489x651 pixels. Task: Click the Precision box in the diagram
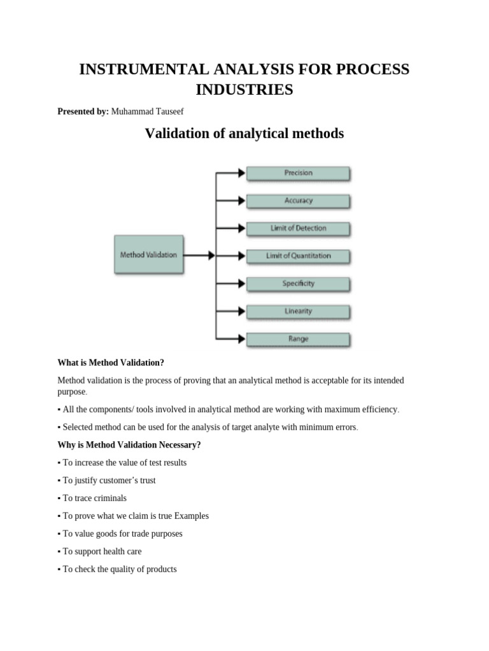(x=298, y=173)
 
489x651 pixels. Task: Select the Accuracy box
(x=298, y=201)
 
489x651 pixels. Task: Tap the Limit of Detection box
(x=298, y=228)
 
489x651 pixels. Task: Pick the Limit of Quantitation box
(x=298, y=256)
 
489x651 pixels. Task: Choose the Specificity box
(x=298, y=284)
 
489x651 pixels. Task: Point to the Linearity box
(x=298, y=312)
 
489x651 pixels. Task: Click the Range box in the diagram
(x=298, y=339)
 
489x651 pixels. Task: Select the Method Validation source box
(x=148, y=255)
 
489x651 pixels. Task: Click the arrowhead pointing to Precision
(x=241, y=173)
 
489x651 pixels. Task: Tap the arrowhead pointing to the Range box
(x=241, y=339)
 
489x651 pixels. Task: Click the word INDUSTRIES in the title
(x=244, y=90)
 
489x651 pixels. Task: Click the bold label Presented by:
(x=83, y=111)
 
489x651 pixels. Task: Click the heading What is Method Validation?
(x=111, y=362)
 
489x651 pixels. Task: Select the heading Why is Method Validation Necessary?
(x=129, y=444)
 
